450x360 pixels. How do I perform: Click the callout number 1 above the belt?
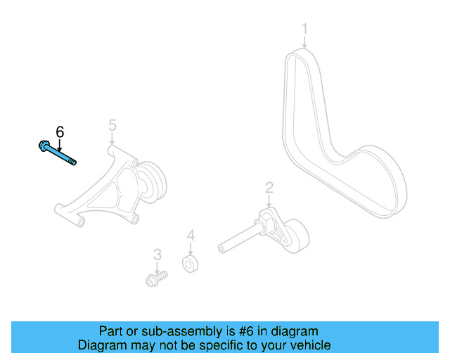(x=305, y=29)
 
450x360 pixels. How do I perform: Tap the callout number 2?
(x=269, y=187)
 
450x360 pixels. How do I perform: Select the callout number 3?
(x=157, y=254)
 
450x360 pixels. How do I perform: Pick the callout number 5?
(x=112, y=125)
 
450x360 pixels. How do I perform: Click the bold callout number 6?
(x=60, y=131)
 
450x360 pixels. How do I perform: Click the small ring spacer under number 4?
(x=190, y=264)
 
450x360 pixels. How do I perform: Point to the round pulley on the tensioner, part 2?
(x=296, y=233)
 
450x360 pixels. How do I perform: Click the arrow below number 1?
(x=305, y=42)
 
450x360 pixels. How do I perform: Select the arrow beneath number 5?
(x=112, y=139)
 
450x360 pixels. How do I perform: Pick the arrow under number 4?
(x=190, y=249)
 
